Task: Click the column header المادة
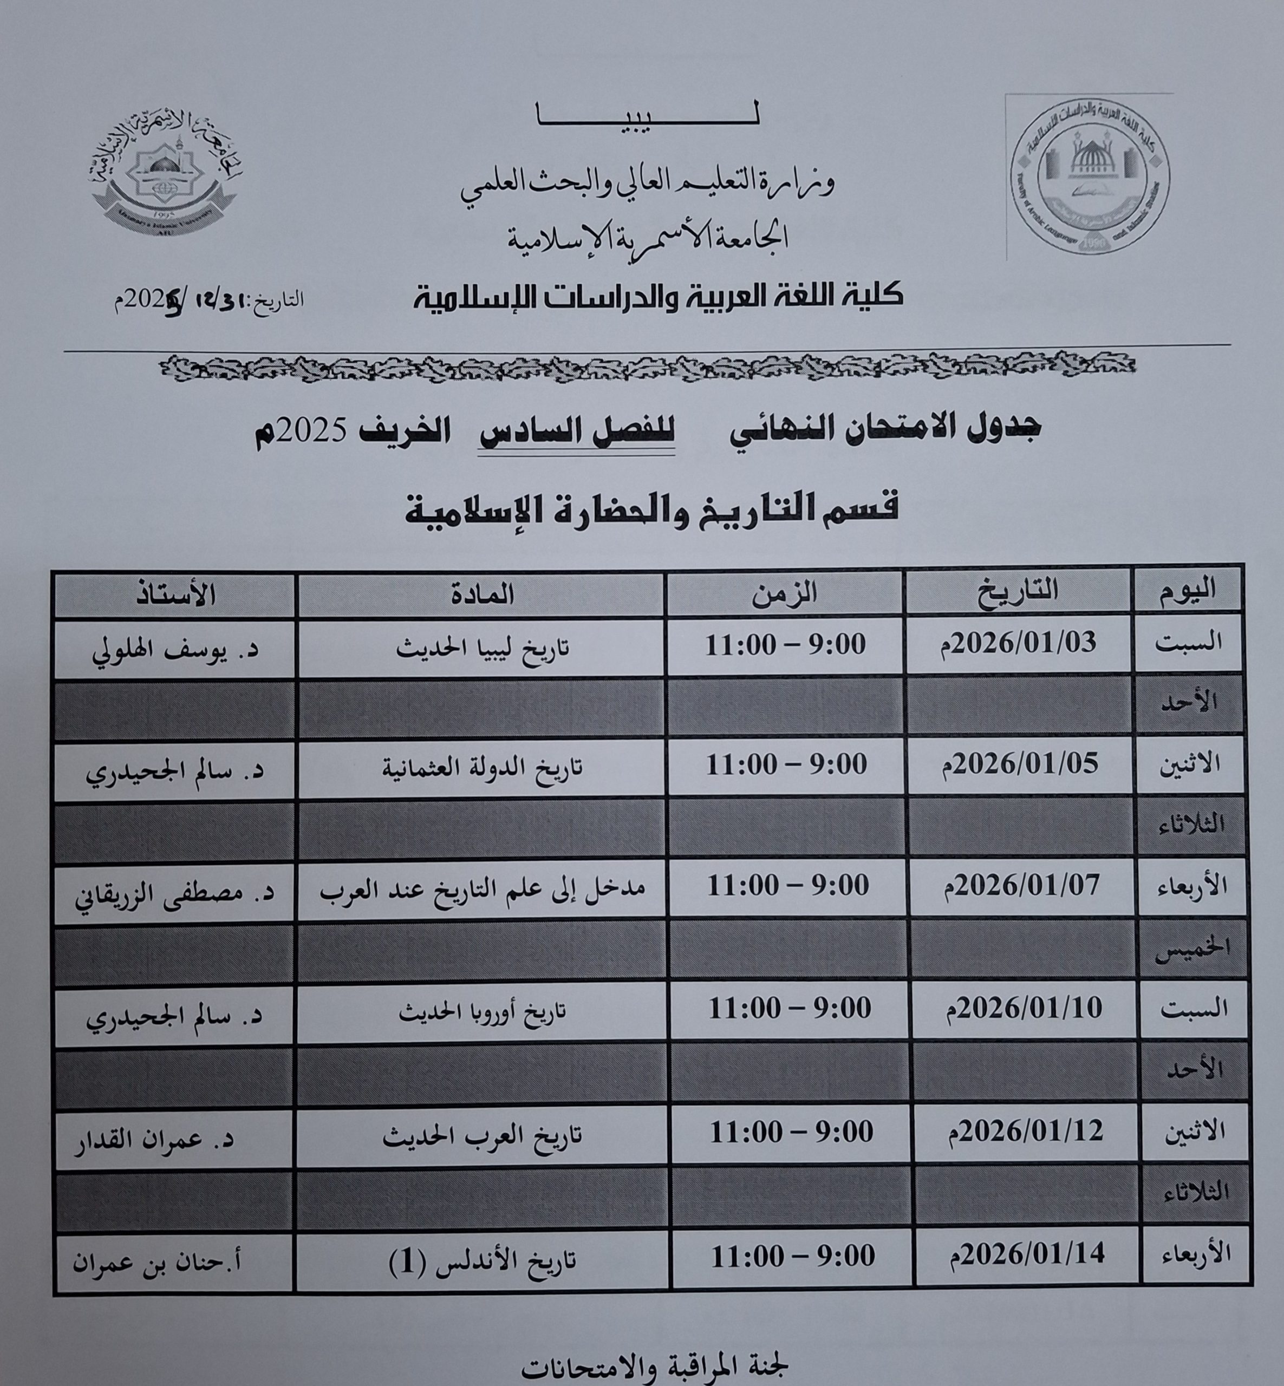tap(481, 594)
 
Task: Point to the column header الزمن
tap(785, 594)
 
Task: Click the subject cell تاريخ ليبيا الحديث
tap(482, 648)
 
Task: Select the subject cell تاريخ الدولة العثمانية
tap(482, 768)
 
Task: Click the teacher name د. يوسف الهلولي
tap(175, 650)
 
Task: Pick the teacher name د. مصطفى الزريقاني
tap(175, 891)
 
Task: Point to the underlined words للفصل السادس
tap(577, 432)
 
